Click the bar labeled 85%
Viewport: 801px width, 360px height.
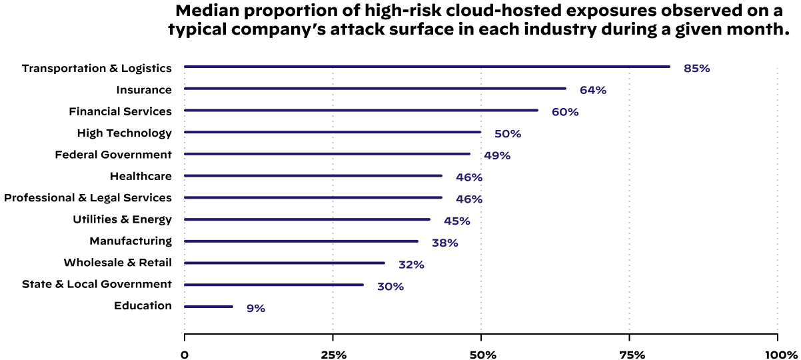(x=426, y=67)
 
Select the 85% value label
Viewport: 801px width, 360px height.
(x=696, y=69)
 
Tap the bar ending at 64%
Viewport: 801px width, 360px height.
(x=375, y=88)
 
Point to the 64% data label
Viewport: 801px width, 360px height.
(x=592, y=91)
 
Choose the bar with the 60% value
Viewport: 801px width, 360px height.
(x=361, y=110)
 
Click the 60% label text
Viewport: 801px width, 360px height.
(x=564, y=113)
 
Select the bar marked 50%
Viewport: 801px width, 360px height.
(x=332, y=132)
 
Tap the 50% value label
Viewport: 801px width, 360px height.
(x=507, y=135)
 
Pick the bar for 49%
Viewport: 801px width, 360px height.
(x=327, y=154)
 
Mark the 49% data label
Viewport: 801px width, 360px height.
(x=496, y=156)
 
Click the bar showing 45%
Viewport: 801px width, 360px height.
(x=307, y=219)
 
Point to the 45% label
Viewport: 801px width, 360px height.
(x=456, y=221)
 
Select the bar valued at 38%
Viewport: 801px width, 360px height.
(x=301, y=241)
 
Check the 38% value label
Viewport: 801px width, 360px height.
(x=444, y=243)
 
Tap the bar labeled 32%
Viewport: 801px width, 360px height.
(x=284, y=263)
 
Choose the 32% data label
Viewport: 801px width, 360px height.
(x=411, y=265)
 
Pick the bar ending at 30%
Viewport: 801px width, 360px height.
(x=273, y=285)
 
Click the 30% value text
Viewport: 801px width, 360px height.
(x=390, y=287)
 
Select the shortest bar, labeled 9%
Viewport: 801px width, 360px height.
(x=208, y=307)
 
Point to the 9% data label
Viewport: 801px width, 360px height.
(x=256, y=309)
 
